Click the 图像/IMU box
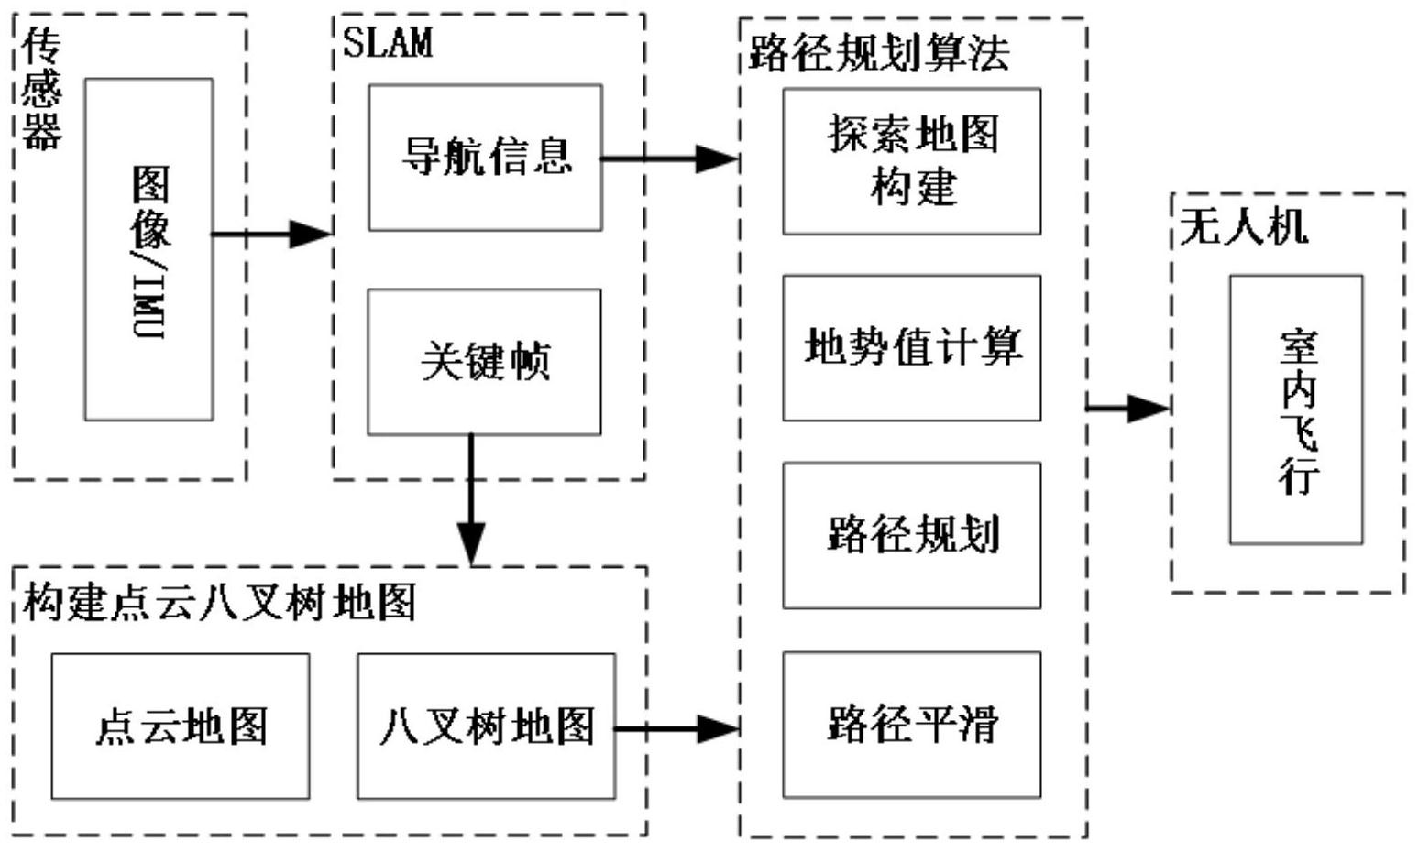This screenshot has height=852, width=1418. [x=148, y=249]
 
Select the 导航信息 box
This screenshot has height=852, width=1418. [x=485, y=158]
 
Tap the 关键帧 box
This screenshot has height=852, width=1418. [x=484, y=362]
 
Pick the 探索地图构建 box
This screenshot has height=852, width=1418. [x=911, y=161]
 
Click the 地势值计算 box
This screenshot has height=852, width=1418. [x=911, y=348]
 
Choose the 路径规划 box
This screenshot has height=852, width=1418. [x=911, y=535]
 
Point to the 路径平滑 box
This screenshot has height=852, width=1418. [x=911, y=725]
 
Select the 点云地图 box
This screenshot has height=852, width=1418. [x=180, y=726]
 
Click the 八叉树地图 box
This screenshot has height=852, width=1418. [x=486, y=726]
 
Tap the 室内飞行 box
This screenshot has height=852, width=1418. [x=1295, y=410]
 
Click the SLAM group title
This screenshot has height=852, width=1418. [x=387, y=43]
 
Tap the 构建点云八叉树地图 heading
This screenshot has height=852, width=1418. [x=220, y=603]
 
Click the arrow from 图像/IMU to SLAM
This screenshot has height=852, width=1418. [x=271, y=235]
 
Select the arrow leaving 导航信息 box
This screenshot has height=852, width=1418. [x=669, y=158]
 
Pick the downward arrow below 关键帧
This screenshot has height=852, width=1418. [x=471, y=499]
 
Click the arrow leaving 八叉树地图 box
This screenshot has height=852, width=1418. [x=676, y=729]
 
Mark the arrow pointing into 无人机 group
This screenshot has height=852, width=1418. [x=1128, y=409]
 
